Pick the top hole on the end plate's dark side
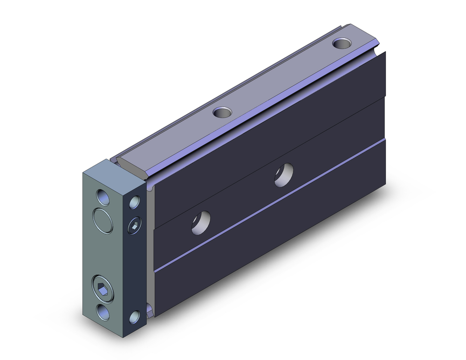point(135,202)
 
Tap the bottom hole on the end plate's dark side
point(135,317)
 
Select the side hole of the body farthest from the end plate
point(284,174)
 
